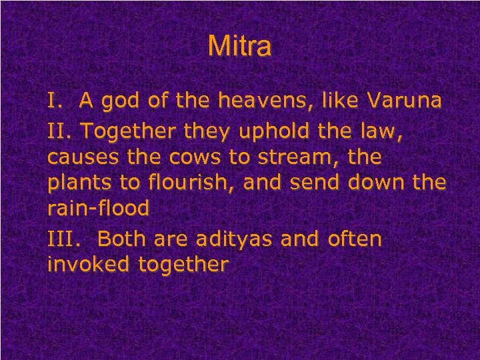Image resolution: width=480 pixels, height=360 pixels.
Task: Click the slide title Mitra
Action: pos(239,47)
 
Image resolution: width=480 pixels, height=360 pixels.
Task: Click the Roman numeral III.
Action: pos(62,239)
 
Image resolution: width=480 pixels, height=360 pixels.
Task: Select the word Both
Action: pos(127,239)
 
